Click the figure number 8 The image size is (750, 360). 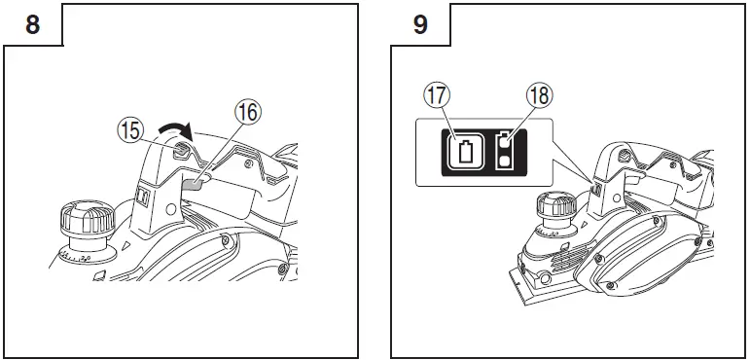tap(32, 24)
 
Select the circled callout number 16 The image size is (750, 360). tap(248, 112)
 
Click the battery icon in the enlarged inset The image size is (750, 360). tap(469, 152)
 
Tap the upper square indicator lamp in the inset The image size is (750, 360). tap(505, 140)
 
